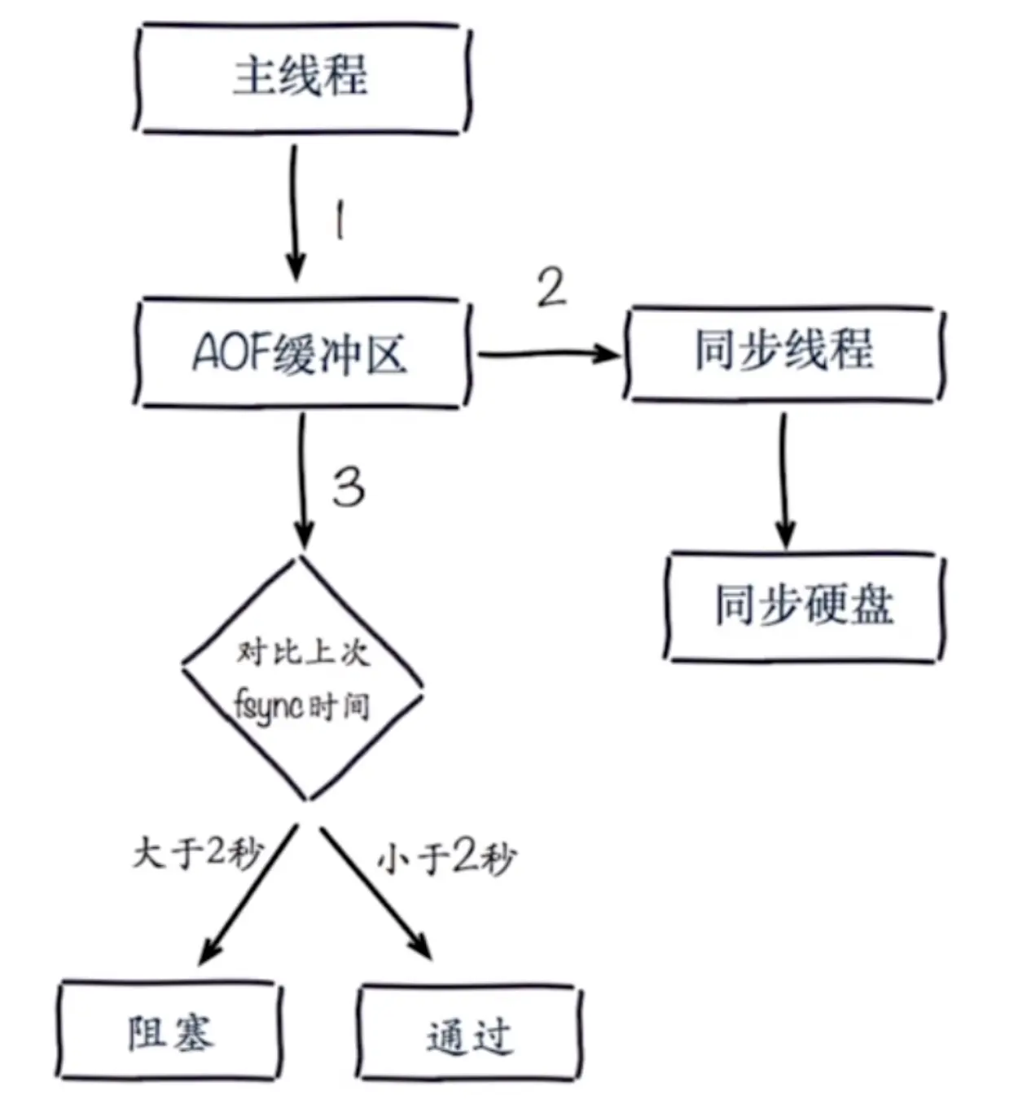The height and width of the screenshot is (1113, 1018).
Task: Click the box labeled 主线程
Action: coord(301,77)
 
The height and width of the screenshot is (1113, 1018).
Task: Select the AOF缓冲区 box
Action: coord(301,353)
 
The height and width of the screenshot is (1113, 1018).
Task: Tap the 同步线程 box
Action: coord(783,352)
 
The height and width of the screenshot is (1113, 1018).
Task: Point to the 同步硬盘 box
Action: coord(804,606)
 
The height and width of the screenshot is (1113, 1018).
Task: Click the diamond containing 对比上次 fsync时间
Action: coord(302,679)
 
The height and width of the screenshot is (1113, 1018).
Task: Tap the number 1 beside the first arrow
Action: coord(340,220)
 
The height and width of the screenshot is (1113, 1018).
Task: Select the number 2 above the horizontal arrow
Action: coord(551,288)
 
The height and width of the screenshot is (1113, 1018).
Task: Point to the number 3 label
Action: coord(349,487)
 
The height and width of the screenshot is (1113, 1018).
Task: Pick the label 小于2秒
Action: coord(446,857)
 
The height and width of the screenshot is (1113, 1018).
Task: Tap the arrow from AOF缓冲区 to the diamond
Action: coord(302,481)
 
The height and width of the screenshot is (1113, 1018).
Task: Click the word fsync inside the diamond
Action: coord(269,705)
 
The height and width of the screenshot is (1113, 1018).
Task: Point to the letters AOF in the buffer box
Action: coord(232,353)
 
